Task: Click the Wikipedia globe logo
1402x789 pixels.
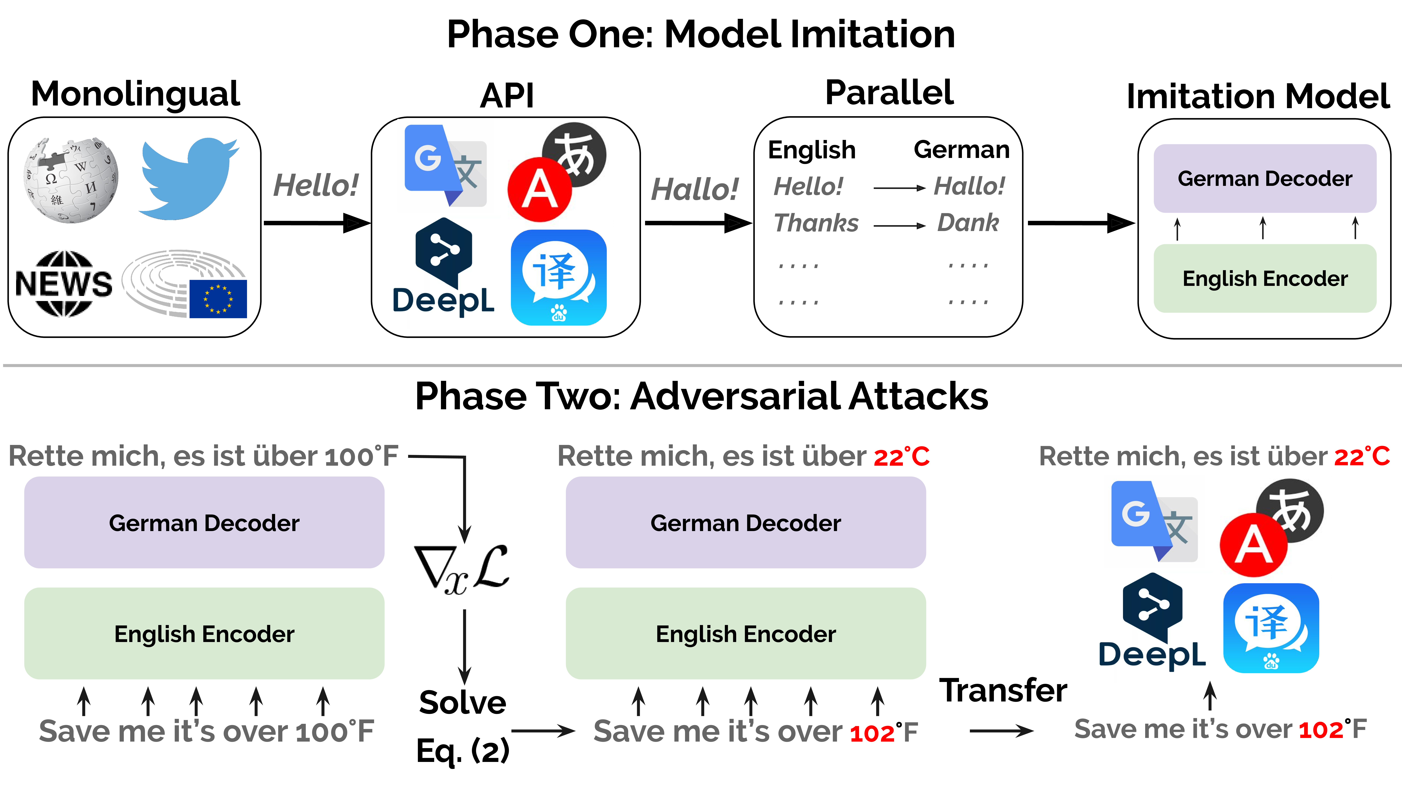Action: click(x=71, y=180)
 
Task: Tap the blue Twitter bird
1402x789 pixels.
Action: click(x=188, y=179)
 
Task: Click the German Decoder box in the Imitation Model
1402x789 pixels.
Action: click(x=1265, y=179)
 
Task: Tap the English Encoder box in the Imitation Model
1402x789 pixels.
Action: click(x=1265, y=278)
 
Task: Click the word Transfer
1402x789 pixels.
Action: click(x=1003, y=690)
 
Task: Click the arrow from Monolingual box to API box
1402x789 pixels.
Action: click(x=317, y=223)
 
